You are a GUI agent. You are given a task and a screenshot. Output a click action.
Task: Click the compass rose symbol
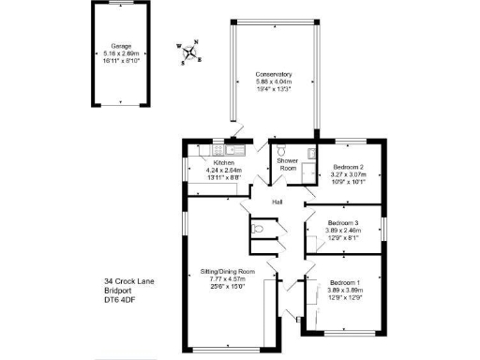pos(191,52)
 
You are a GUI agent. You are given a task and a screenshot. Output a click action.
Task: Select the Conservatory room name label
pos(275,74)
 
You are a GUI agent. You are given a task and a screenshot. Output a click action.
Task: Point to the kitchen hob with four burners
pos(198,151)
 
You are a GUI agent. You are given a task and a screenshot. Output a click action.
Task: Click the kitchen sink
pos(235,150)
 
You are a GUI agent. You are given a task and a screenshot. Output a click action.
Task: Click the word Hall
pos(277,202)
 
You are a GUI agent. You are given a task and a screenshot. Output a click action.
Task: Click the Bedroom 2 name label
pos(347,167)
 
